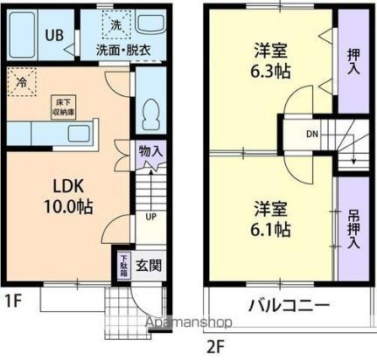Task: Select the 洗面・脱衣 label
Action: [122, 49]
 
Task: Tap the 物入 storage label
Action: [150, 150]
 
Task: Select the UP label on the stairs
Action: [150, 216]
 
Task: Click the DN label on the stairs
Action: [312, 135]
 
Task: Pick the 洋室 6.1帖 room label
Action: [271, 219]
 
